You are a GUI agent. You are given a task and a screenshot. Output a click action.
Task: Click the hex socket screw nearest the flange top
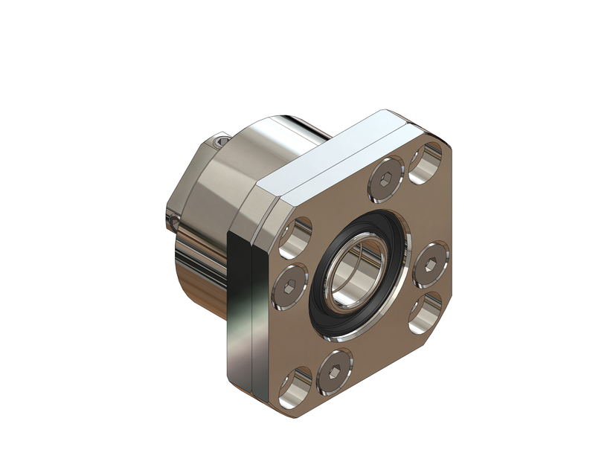[x=385, y=181]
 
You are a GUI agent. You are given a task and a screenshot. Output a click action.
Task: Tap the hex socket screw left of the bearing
[x=290, y=286]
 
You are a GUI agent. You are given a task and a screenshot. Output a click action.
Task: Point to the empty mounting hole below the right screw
[x=425, y=314]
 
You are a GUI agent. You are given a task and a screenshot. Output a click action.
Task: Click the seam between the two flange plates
[x=253, y=312]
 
